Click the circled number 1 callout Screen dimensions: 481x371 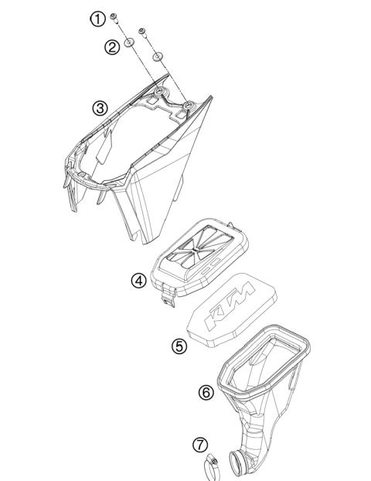[97, 18]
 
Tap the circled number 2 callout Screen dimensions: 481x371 [113, 47]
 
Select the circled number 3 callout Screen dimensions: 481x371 [100, 108]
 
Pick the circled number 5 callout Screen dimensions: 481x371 [179, 346]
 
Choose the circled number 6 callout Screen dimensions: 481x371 [206, 392]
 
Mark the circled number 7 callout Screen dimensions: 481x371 [200, 445]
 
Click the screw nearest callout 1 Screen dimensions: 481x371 [114, 17]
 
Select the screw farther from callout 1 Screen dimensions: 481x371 [141, 32]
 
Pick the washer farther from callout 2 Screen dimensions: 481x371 [158, 56]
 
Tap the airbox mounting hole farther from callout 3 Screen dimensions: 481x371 [188, 101]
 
